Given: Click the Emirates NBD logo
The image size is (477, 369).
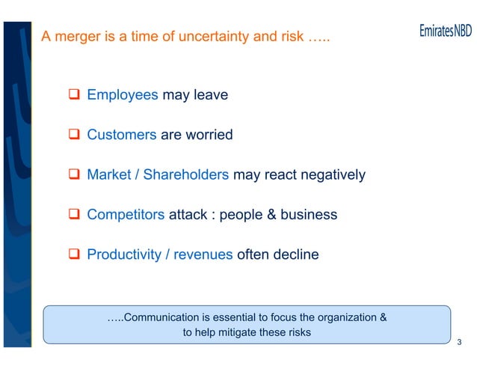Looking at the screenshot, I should (446, 34).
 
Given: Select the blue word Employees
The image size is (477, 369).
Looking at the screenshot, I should (123, 96).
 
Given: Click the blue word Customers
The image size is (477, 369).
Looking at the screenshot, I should (122, 135).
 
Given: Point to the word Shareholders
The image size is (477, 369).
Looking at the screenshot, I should (185, 175).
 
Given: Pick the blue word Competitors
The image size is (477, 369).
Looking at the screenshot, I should (126, 215).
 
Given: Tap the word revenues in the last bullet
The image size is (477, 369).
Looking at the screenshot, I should (203, 254).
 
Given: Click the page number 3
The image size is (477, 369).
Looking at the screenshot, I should (458, 343).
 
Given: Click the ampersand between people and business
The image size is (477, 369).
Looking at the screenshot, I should (272, 215).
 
